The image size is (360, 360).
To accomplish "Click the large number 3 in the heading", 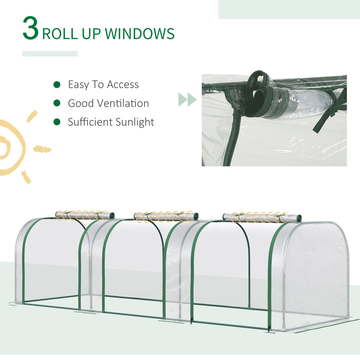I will click(x=31, y=28).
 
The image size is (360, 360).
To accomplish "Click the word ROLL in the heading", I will click(x=60, y=34).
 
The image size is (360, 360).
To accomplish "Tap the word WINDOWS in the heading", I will click(x=140, y=34).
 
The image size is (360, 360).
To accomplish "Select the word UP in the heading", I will click(x=91, y=34).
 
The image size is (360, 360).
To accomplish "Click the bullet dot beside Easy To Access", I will click(x=57, y=85).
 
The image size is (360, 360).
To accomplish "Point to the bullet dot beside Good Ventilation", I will click(x=57, y=103).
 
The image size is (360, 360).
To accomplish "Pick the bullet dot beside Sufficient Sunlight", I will click(x=57, y=122).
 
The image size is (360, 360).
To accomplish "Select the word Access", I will click(x=122, y=85).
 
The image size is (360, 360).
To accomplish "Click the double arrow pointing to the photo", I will click(x=187, y=99).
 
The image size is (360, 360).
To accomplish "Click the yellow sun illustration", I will click(x=13, y=147).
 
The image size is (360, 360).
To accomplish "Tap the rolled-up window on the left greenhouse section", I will click(x=85, y=215).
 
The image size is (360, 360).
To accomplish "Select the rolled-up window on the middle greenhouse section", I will click(x=166, y=216).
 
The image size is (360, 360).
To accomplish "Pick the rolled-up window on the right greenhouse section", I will click(x=262, y=218).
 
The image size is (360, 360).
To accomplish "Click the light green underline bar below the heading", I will click(x=50, y=54).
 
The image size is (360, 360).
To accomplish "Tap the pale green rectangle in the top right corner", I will click(x=289, y=9).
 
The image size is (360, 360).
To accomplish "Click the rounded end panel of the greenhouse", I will click(x=317, y=273).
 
